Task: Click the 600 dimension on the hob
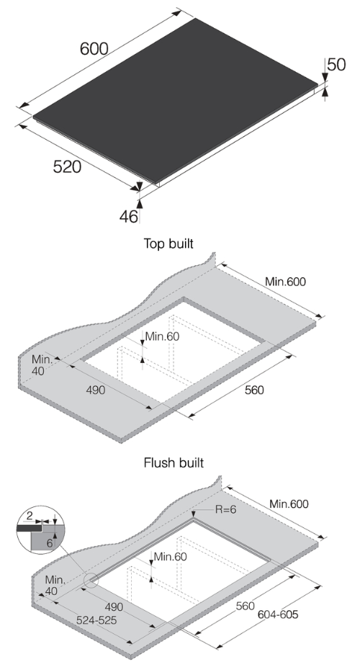coord(94,49)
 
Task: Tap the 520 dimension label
coord(67,167)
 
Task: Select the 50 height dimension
coord(337,64)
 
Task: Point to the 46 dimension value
coord(129,215)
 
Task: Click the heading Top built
coord(174,244)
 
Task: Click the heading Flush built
coord(174,462)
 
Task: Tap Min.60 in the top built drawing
coord(161,336)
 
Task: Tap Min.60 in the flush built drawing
coord(171,556)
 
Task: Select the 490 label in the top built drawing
coord(96,390)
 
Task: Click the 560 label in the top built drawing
coord(253,390)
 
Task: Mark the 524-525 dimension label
coord(99,619)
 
